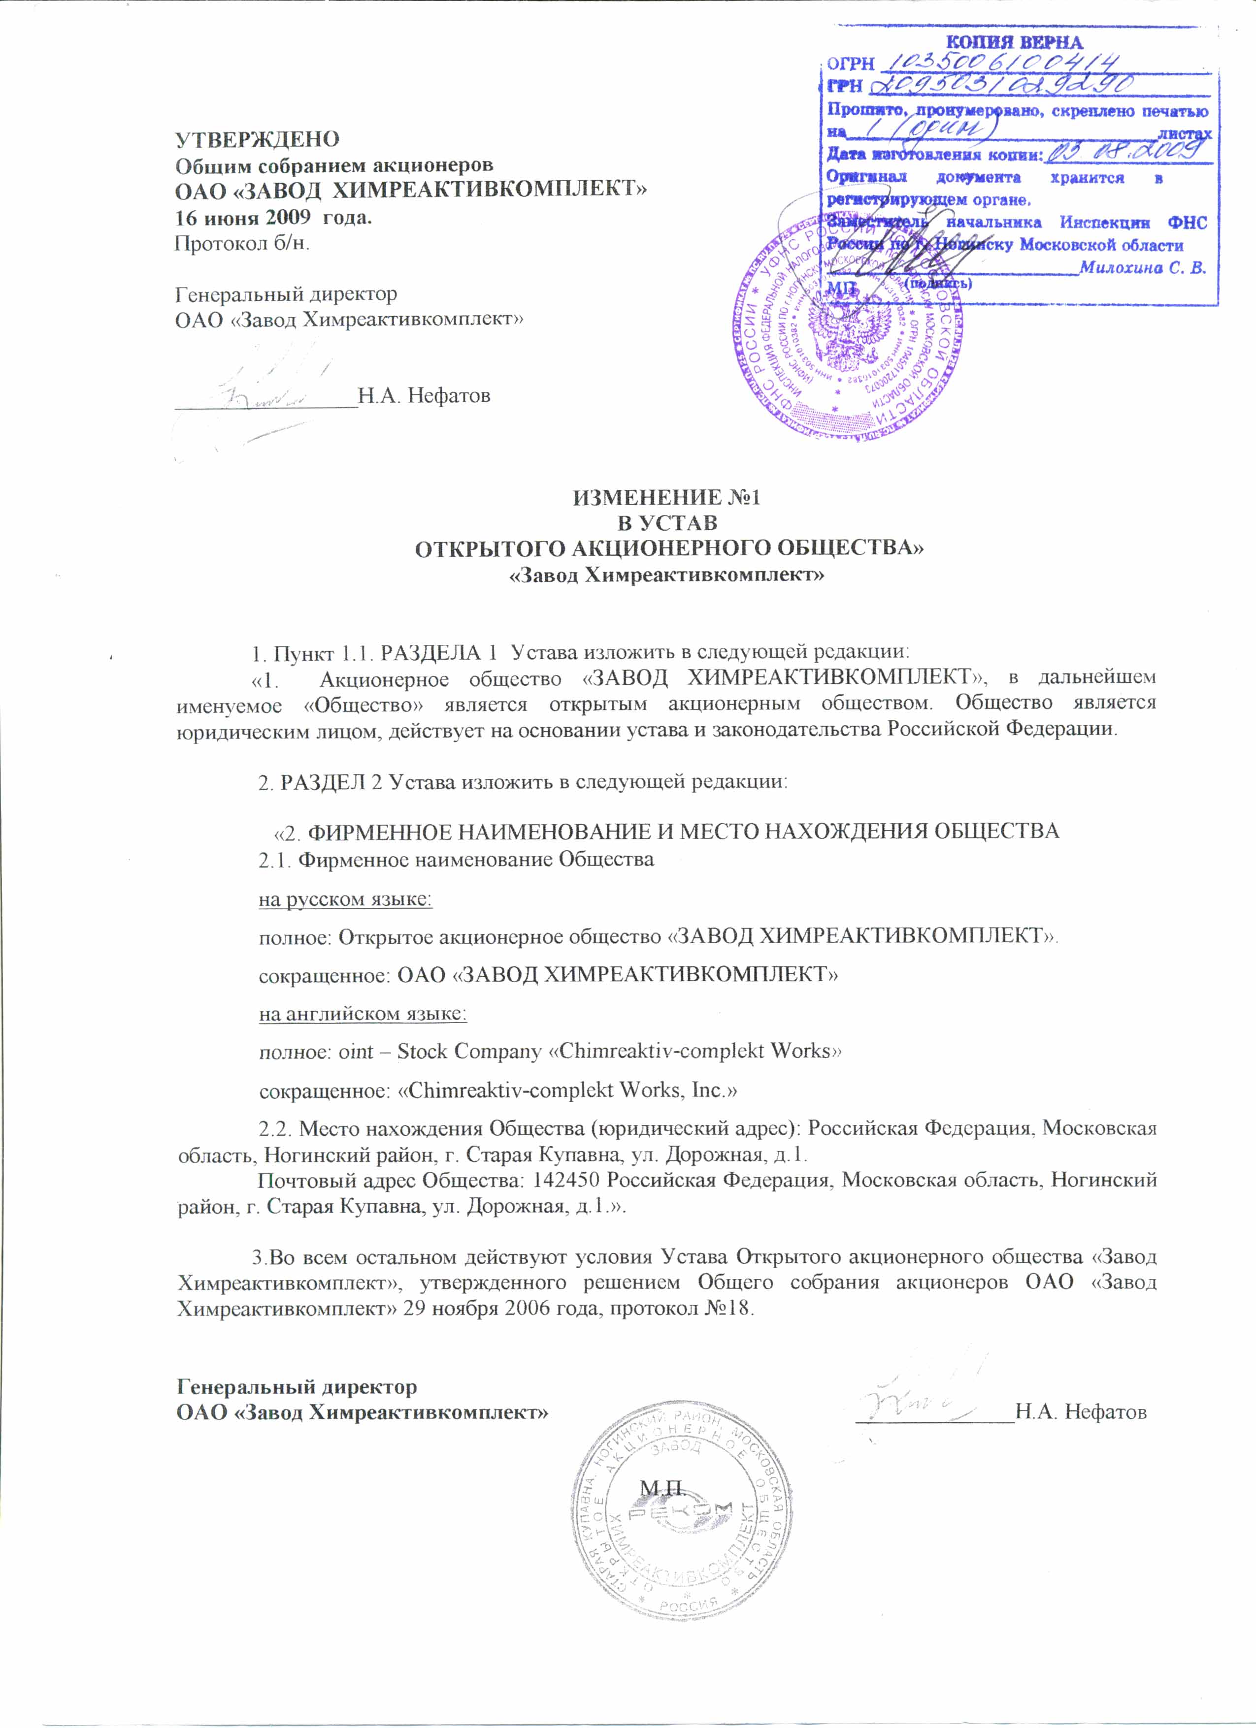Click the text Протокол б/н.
tap(242, 244)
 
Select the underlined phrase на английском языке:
tap(363, 1013)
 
